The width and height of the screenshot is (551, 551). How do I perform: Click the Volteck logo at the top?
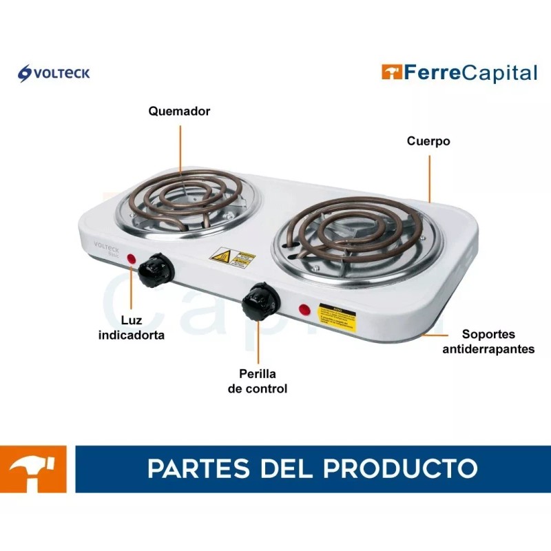point(54,72)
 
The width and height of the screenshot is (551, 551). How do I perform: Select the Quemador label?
point(179,111)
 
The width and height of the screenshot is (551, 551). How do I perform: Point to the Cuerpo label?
point(428,141)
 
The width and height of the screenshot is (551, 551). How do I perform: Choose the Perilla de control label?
point(258,382)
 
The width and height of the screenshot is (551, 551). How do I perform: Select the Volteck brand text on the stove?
point(107,245)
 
